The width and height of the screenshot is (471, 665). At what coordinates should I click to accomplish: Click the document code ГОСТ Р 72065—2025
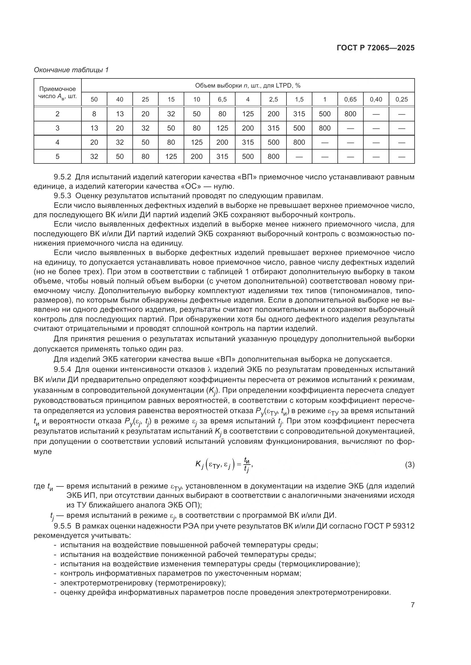tap(376, 48)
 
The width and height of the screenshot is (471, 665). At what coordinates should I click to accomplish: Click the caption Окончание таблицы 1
tap(71, 70)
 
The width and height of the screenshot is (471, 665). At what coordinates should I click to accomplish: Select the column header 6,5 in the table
tap(222, 99)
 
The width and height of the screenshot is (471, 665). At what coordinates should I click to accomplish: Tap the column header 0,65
tap(350, 99)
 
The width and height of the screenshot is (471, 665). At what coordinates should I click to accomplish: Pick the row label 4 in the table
tap(58, 142)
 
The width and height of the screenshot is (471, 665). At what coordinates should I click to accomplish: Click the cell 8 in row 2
tap(94, 114)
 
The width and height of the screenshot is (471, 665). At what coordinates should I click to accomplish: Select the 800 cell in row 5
tap(273, 156)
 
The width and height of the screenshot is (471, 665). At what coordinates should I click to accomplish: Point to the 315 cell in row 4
tap(248, 142)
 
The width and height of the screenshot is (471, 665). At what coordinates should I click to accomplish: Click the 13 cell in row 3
tap(94, 128)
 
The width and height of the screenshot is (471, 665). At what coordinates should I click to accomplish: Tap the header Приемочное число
tap(58, 92)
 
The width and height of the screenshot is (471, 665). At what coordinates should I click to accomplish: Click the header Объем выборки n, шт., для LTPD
tap(248, 86)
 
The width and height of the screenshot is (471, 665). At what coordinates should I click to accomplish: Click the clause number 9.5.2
tap(62, 177)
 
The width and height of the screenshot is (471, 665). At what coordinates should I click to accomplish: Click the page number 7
tap(412, 605)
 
